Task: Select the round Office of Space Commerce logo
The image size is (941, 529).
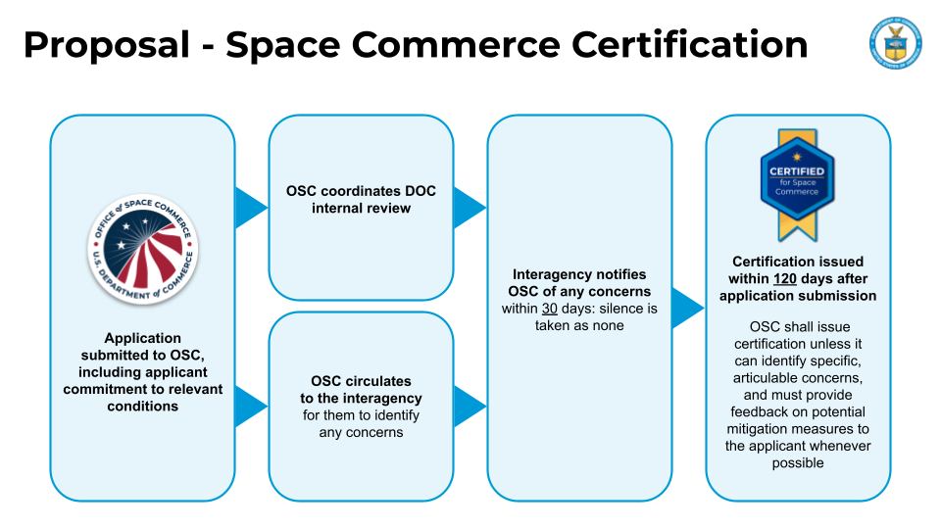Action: point(142,249)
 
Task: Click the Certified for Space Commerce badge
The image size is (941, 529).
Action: point(797,184)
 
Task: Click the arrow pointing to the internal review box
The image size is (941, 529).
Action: point(251,207)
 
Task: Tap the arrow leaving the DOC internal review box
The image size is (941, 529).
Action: point(470,207)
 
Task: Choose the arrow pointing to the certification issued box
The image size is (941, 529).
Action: point(688,308)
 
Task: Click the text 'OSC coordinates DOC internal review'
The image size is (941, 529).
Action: point(361,199)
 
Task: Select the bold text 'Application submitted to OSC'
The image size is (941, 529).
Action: point(143,347)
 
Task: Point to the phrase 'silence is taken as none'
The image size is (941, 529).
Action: point(588,317)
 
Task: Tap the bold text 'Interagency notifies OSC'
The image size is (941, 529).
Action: point(579,283)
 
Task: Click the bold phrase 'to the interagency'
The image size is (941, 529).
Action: point(361,398)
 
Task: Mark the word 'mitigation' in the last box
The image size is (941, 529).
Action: point(760,429)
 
